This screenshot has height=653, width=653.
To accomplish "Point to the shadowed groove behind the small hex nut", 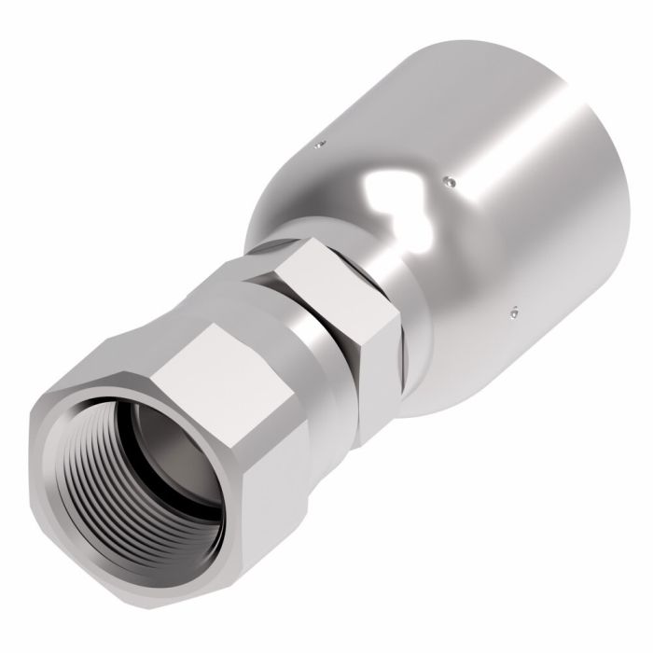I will pos(392,350).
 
